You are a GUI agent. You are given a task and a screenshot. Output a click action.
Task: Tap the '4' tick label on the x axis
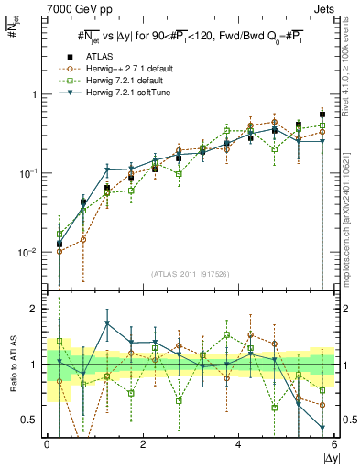pyautogui.click(x=238, y=444)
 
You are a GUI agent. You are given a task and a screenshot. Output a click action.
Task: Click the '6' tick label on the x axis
pyautogui.click(x=333, y=444)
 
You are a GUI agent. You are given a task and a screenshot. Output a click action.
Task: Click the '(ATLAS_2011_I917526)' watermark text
pyautogui.click(x=191, y=273)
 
